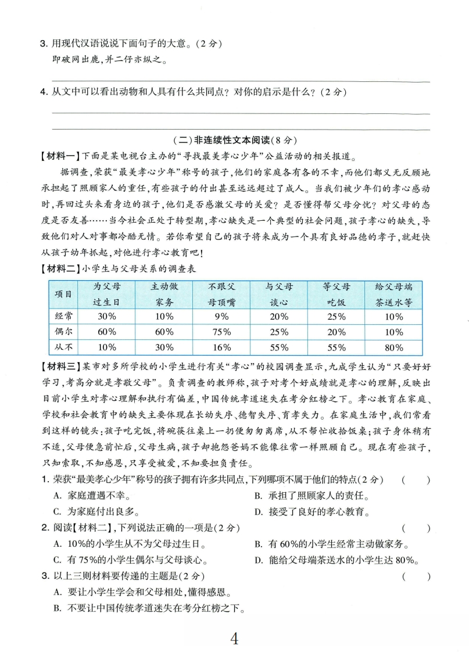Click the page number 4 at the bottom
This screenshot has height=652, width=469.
[234, 638]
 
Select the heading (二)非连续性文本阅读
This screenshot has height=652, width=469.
[235, 140]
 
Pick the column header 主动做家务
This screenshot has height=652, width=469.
[164, 295]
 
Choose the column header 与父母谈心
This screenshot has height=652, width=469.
[279, 295]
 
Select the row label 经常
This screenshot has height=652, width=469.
[61, 316]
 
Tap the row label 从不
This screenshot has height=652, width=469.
[61, 348]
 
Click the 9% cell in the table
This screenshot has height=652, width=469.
[221, 316]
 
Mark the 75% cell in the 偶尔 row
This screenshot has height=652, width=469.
[221, 332]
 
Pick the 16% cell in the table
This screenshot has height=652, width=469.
[221, 348]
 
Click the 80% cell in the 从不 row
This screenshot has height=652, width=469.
[393, 348]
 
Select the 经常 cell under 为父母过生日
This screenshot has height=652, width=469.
[106, 316]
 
